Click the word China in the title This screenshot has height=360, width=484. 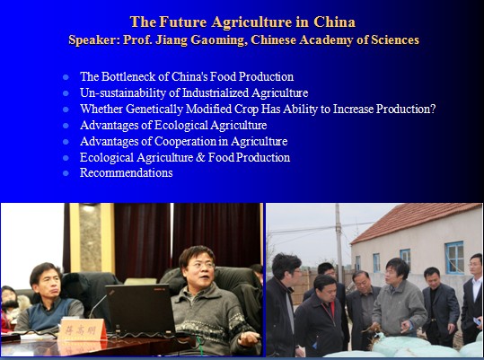(334, 22)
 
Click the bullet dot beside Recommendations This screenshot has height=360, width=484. (66, 173)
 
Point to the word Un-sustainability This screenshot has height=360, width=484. (123, 92)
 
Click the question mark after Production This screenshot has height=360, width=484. (433, 109)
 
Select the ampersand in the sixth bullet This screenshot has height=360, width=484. (200, 157)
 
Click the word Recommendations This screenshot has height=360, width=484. (127, 172)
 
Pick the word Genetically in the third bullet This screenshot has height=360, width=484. (154, 109)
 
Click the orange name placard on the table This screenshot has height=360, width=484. (83, 329)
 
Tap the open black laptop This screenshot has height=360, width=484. (140, 310)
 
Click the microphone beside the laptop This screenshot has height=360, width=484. (97, 306)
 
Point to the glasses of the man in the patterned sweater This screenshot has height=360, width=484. (200, 266)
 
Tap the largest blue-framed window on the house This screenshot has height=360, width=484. (454, 258)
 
